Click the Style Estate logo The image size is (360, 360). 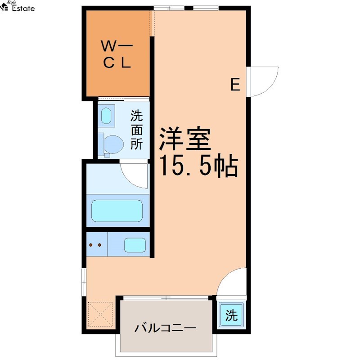click(x=17, y=6)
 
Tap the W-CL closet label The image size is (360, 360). click(x=117, y=54)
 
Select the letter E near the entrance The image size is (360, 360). click(x=235, y=84)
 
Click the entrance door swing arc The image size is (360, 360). click(x=270, y=85)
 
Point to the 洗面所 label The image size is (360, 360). click(x=136, y=130)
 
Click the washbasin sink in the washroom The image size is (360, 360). click(x=106, y=116)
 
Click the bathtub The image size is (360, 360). click(x=117, y=211)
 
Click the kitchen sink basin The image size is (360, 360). click(x=135, y=245)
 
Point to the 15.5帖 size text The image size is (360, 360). click(x=198, y=165)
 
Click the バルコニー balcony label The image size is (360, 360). click(x=165, y=328)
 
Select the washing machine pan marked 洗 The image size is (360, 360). click(x=231, y=315)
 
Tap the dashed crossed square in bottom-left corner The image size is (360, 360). click(x=100, y=314)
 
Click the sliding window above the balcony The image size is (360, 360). click(x=166, y=298)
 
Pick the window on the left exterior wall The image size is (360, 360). click(x=84, y=282)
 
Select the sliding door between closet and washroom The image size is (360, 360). click(x=124, y=99)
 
